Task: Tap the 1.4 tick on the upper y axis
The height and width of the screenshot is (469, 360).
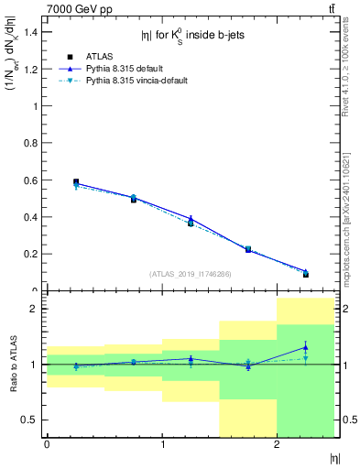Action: pyautogui.click(x=31, y=32)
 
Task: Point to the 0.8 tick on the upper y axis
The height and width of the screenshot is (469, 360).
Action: pyautogui.click(x=31, y=143)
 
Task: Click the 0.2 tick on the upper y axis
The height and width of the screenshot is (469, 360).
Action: pyautogui.click(x=31, y=254)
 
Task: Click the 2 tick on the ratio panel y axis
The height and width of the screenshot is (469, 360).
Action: pyautogui.click(x=36, y=309)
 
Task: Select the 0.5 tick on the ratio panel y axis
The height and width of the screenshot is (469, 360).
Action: pyautogui.click(x=31, y=420)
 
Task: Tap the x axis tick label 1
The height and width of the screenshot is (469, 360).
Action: pyautogui.click(x=162, y=444)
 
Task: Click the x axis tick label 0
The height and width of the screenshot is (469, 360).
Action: pyautogui.click(x=47, y=444)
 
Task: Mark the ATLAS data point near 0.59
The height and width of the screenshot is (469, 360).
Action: pyautogui.click(x=76, y=182)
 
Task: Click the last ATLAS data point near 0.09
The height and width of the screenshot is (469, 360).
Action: pyautogui.click(x=305, y=274)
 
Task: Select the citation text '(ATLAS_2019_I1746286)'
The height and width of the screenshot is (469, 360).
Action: pyautogui.click(x=190, y=274)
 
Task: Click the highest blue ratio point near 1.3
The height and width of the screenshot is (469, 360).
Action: pyautogui.click(x=305, y=347)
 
